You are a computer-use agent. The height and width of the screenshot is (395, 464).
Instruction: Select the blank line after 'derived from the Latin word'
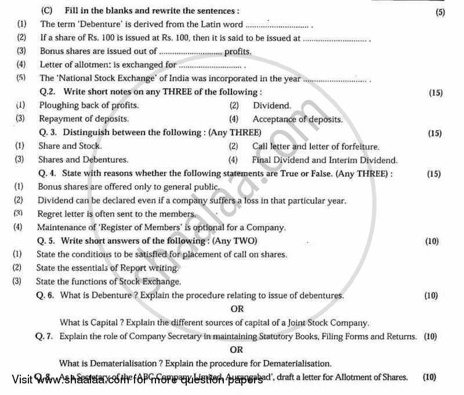coord(277,26)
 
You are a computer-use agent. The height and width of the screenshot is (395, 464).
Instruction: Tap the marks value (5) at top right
coord(439,13)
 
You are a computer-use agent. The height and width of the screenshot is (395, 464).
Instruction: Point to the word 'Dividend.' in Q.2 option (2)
coord(272,106)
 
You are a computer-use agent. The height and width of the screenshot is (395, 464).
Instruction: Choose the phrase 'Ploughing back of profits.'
coord(89,105)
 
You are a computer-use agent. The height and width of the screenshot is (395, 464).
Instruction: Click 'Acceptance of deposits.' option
coord(298,119)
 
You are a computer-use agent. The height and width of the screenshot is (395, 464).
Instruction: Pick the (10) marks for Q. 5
coord(432,241)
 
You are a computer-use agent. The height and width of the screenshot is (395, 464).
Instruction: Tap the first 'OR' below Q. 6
coord(237,309)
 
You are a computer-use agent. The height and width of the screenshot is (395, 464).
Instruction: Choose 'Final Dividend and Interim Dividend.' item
coord(325,160)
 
